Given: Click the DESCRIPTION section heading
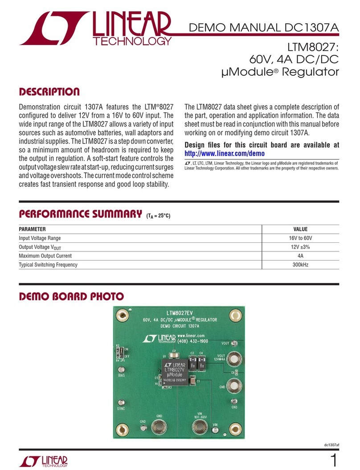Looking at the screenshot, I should coord(49,92).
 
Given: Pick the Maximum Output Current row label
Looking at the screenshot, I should coord(45,256).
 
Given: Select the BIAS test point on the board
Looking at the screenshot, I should coord(121,370).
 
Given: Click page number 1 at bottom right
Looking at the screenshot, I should coord(335,458).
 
